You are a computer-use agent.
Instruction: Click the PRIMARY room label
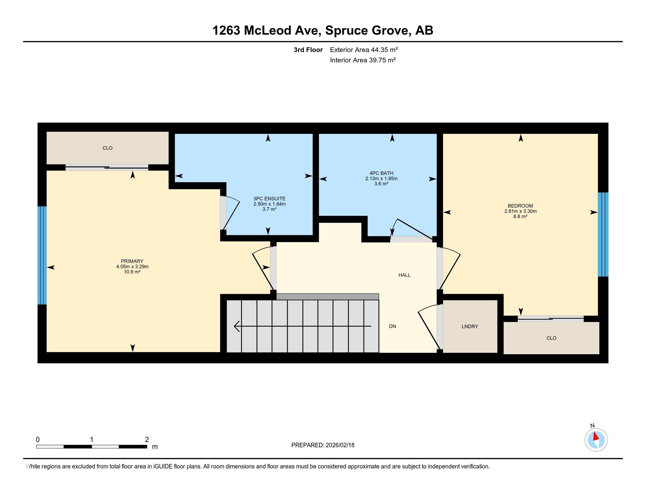point(132,261)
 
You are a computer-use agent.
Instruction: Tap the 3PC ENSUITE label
point(269,199)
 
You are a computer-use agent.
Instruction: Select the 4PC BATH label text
point(381,173)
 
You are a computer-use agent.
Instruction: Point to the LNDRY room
point(470,326)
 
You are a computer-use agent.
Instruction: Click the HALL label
point(404,275)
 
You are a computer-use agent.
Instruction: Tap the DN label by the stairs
point(392,326)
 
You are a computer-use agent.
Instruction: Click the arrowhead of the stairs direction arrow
point(236,326)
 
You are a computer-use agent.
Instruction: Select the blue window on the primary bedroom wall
point(42,255)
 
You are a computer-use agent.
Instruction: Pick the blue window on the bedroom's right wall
point(603,235)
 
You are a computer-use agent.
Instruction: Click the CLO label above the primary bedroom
point(107,148)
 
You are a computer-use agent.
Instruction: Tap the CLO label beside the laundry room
point(551,338)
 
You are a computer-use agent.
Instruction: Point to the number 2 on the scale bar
point(147,440)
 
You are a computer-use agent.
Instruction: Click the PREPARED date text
point(323,445)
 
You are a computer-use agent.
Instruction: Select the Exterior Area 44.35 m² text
point(364,50)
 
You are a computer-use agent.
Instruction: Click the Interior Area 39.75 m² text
point(363,60)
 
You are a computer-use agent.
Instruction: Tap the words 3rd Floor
point(308,50)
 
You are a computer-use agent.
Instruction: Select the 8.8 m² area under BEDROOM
point(520,216)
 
